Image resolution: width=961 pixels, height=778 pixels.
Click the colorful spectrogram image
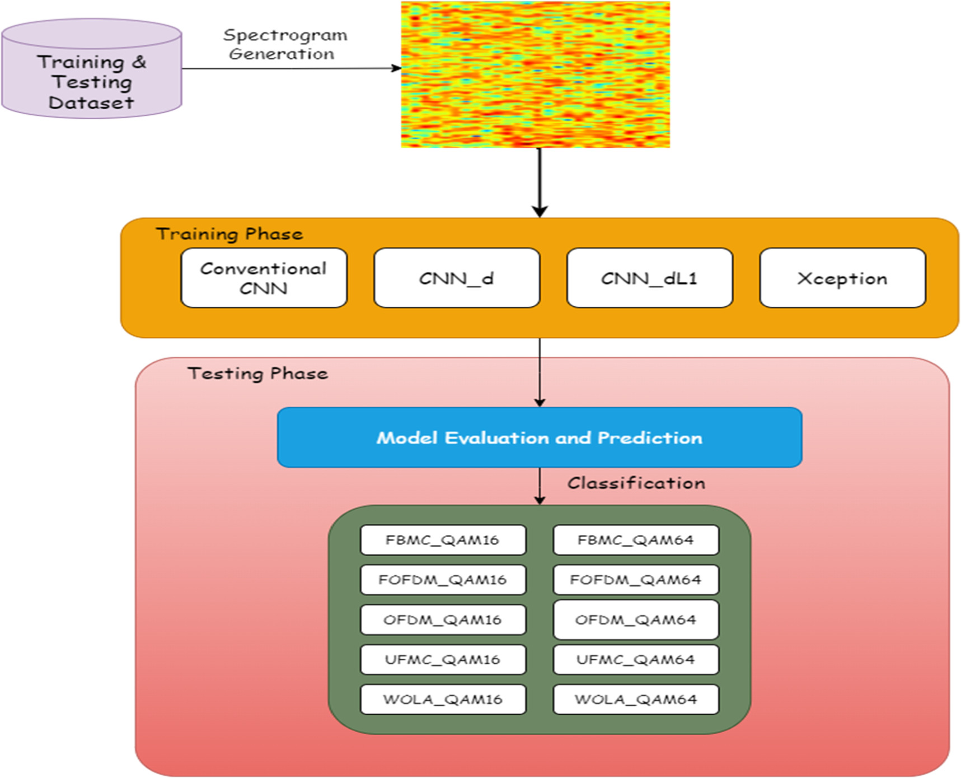pos(535,74)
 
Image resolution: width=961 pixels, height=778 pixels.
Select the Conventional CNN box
pos(264,278)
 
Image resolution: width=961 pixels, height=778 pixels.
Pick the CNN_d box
pos(456,278)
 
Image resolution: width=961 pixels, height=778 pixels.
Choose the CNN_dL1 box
pos(649,278)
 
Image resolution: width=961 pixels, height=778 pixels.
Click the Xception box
pos(842,278)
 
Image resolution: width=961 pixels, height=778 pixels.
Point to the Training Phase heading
pos(229,234)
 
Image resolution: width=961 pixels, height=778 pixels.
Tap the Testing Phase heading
pos(257,373)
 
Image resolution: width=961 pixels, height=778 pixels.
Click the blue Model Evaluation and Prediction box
pos(539,437)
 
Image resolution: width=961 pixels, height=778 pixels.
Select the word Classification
pos(636,483)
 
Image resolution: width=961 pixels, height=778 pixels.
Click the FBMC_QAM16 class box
pos(442,540)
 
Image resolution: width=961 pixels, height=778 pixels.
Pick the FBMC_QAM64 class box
pos(635,540)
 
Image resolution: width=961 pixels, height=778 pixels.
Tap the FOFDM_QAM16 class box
pos(442,580)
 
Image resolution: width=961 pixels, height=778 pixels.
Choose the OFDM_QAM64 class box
pos(635,619)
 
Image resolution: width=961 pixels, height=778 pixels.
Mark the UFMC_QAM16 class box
pos(442,659)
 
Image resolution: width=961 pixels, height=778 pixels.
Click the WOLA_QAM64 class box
pos(635,699)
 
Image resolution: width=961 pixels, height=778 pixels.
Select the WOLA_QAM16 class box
pos(442,699)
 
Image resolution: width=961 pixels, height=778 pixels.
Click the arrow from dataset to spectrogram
pos(291,68)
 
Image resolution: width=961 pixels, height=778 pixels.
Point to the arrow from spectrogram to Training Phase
pos(539,182)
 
